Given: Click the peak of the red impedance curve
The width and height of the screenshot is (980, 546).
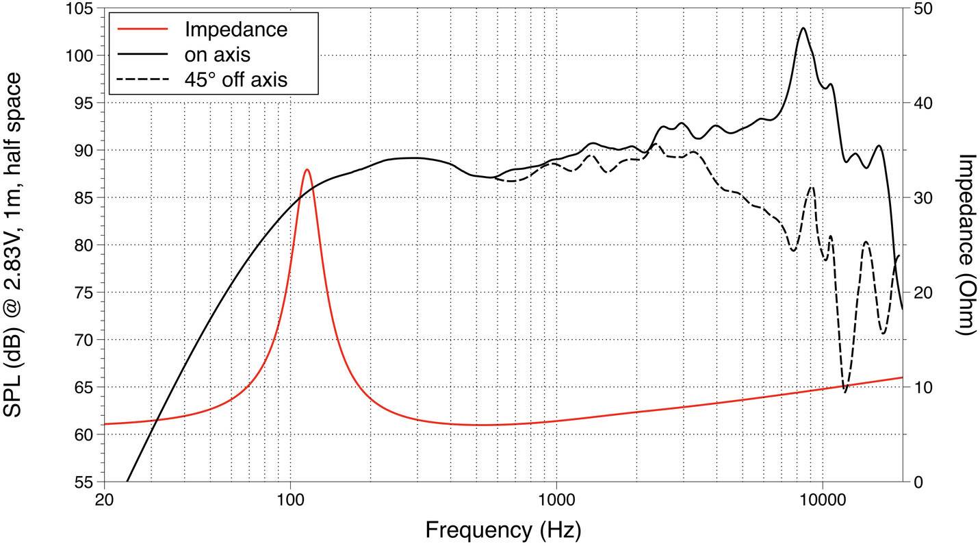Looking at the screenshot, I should pyautogui.click(x=307, y=169).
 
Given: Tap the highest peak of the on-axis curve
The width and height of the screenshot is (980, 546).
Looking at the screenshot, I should pyautogui.click(x=803, y=28).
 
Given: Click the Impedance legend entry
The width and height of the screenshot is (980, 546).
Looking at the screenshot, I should pyautogui.click(x=235, y=29).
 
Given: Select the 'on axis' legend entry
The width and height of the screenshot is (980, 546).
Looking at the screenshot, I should pyautogui.click(x=217, y=54).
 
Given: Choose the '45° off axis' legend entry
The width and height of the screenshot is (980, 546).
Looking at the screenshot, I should pyautogui.click(x=235, y=79).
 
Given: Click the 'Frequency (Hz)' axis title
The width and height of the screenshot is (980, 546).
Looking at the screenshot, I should pyautogui.click(x=503, y=530).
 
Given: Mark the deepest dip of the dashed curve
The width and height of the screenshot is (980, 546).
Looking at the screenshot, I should pyautogui.click(x=845, y=392).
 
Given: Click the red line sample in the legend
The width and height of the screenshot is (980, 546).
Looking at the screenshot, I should pyautogui.click(x=142, y=29).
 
